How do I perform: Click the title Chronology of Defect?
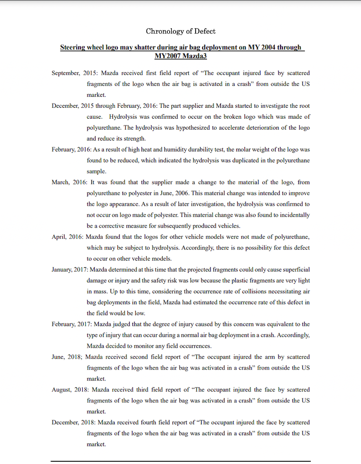click(x=180, y=31)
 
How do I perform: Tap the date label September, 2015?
click(x=74, y=73)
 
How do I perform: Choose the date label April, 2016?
click(x=66, y=237)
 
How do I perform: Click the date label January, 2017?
click(x=69, y=270)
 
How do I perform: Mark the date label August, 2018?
click(x=70, y=390)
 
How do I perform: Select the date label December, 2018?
click(x=73, y=422)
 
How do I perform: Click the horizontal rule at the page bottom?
click(x=180, y=461)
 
